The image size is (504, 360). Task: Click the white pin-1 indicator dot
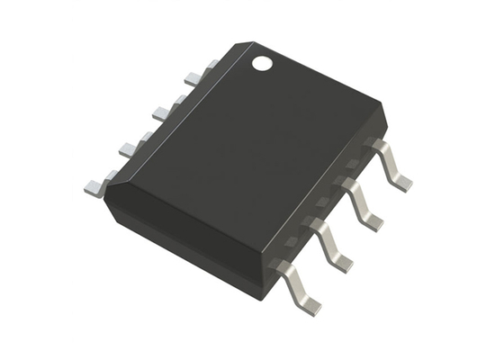[262, 63]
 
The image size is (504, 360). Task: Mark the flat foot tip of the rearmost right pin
[401, 182]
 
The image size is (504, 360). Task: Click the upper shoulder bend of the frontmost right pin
[285, 265]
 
